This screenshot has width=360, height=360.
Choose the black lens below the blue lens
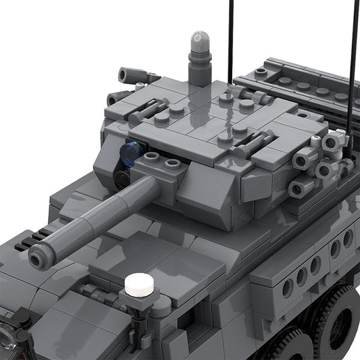click(122, 178)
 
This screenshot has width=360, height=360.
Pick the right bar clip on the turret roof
click(255, 144)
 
